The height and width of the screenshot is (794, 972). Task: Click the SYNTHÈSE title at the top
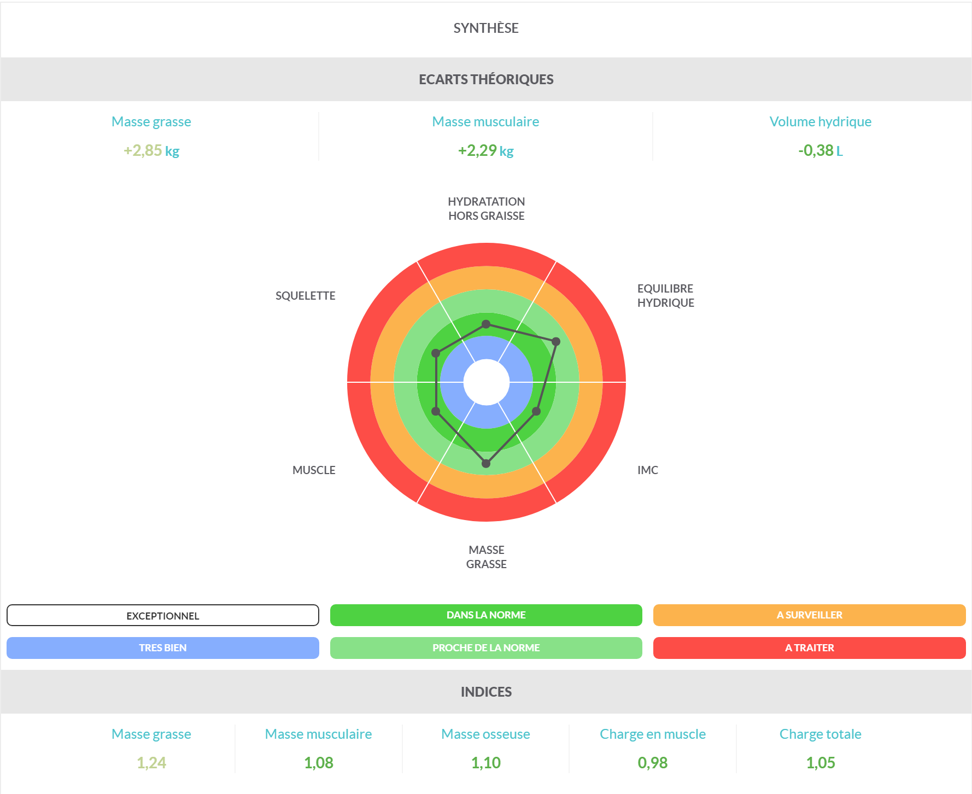[485, 28]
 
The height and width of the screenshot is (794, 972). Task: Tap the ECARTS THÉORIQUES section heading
[485, 79]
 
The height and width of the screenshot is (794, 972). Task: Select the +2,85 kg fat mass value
[151, 150]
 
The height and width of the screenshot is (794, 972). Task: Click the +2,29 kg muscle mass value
[485, 150]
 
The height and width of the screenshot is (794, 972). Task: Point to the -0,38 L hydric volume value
[820, 150]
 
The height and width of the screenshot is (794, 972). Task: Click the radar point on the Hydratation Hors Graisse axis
[486, 324]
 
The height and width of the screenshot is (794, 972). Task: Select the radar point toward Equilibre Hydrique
[556, 342]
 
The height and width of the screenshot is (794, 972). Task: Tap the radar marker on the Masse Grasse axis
[486, 464]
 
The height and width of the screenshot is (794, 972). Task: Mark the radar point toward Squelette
[436, 353]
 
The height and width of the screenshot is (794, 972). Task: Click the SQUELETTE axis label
[305, 296]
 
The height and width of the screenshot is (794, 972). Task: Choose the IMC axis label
[647, 470]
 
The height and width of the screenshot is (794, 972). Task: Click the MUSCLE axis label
[314, 470]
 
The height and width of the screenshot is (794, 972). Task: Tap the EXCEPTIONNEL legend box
[162, 615]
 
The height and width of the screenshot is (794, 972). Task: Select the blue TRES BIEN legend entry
[162, 648]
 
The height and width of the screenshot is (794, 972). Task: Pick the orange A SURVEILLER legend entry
[809, 615]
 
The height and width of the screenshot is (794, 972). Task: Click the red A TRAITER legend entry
[809, 648]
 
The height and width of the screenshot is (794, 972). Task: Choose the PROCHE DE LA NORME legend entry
[485, 648]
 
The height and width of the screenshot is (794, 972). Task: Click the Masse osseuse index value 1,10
[485, 763]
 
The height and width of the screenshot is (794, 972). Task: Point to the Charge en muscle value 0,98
[652, 763]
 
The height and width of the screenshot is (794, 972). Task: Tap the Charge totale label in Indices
[820, 734]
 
